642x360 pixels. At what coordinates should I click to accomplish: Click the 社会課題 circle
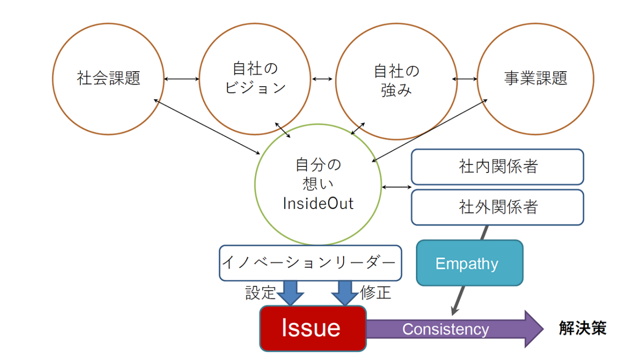108,79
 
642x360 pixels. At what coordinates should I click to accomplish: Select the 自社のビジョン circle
255,79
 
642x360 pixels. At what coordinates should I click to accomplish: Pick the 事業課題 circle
535,79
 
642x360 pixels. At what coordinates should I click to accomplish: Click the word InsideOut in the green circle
318,204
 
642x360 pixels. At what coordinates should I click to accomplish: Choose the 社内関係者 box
497,167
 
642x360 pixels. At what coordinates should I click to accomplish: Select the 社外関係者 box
497,207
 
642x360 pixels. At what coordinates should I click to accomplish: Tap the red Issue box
312,328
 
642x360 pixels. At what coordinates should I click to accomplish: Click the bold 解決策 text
583,328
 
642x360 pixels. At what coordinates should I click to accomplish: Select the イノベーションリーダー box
310,263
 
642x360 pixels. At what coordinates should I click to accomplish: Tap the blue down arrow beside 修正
345,293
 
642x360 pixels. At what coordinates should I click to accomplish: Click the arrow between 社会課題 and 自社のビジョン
182,79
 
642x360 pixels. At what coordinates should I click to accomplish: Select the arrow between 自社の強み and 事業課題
465,79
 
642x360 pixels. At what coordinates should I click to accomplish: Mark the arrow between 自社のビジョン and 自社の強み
322,79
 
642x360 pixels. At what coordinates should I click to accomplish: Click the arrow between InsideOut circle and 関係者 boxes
396,187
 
